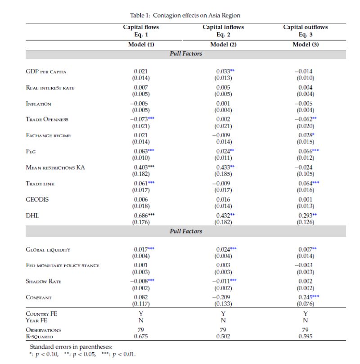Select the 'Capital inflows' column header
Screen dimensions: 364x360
(x=223, y=27)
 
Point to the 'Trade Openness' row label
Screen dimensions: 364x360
(x=47, y=120)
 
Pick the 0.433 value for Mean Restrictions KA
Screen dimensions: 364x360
(x=221, y=167)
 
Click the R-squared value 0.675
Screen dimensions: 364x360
(x=141, y=336)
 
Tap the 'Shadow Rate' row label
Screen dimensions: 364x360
(x=43, y=281)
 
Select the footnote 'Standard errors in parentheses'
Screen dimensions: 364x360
(x=71, y=347)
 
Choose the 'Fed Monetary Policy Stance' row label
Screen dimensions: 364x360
(x=62, y=265)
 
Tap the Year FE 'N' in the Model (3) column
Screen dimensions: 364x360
(x=305, y=320)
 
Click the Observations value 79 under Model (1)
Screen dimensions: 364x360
(x=141, y=330)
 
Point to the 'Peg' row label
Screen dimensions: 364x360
(x=31, y=152)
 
